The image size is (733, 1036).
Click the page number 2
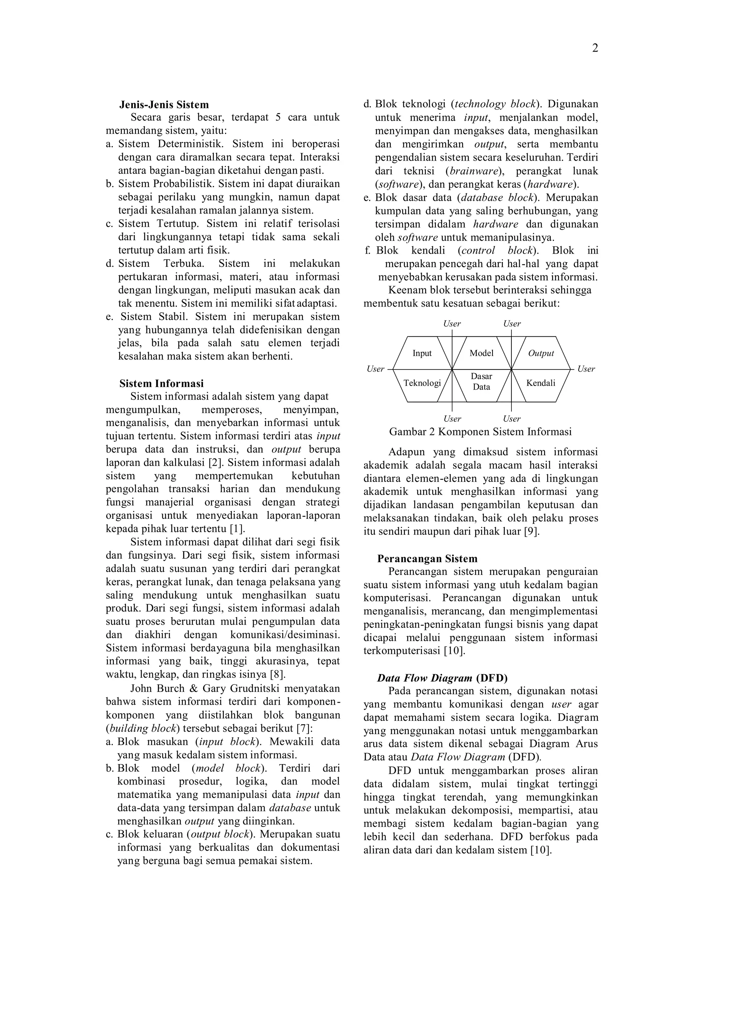595,48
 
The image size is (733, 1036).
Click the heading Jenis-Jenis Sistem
164,105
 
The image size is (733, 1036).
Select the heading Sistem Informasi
161,383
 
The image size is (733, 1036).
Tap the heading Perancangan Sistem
427,559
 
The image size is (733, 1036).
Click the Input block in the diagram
422,353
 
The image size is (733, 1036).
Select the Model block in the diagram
481,353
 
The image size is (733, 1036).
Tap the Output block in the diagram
541,353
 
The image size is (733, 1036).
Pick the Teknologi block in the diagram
422,383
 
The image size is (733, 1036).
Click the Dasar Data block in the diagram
481,382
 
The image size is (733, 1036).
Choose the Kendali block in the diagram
541,383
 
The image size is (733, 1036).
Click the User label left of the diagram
375,369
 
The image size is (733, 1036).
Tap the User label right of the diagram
586,369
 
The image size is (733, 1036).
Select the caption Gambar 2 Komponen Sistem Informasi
480,432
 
